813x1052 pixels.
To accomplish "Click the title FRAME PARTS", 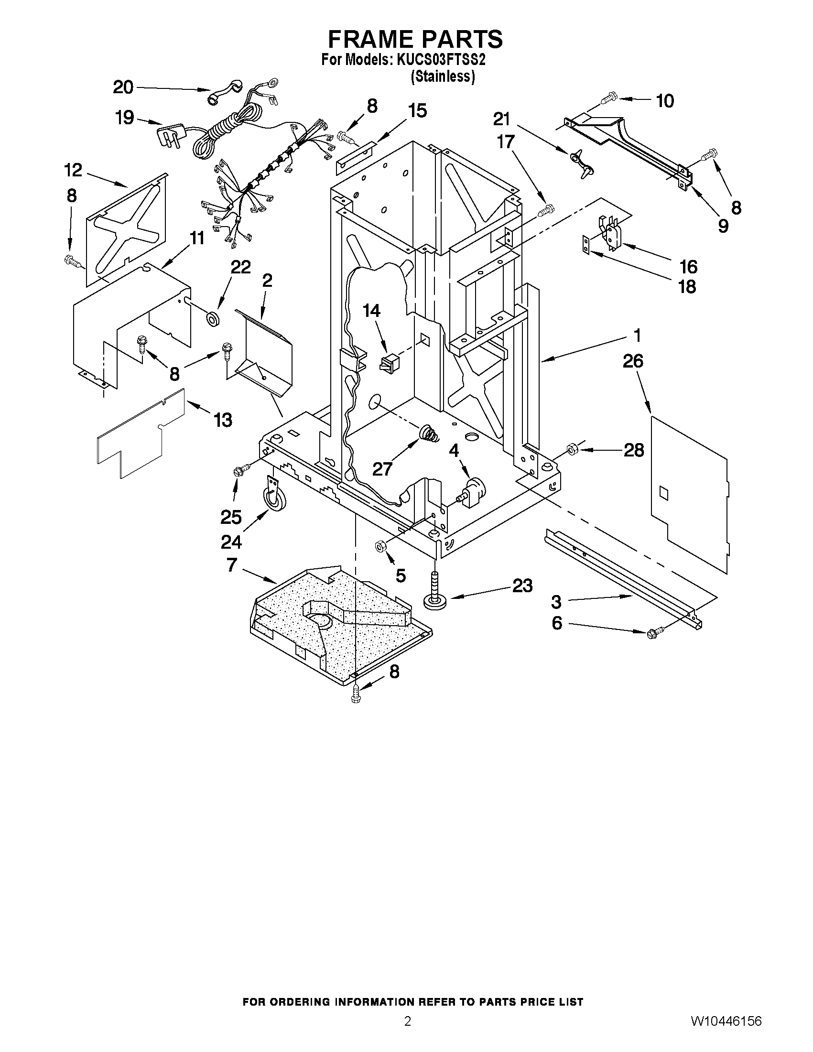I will click(x=415, y=39).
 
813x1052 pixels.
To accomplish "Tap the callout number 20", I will click(x=123, y=87).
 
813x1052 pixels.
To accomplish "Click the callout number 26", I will click(x=633, y=361).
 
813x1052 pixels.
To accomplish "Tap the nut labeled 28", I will click(x=572, y=450).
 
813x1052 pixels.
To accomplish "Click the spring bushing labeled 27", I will click(x=429, y=433).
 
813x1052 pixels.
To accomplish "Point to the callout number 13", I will click(x=223, y=420).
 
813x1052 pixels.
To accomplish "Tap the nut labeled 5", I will click(x=379, y=546).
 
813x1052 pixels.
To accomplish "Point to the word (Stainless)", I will click(x=443, y=76).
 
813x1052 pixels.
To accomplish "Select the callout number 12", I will click(x=73, y=170).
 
